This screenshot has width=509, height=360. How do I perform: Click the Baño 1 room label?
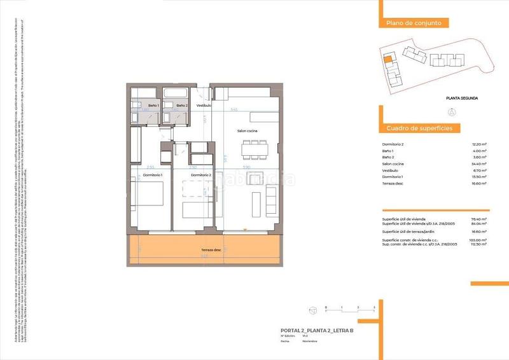153,105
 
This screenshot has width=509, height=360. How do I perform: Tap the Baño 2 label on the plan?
182,105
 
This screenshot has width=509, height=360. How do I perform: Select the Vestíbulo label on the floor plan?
204,105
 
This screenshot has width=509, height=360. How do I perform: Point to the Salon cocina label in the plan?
248,131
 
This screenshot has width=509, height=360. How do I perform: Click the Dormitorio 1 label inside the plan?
153,175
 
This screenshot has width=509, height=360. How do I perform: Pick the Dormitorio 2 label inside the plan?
201,175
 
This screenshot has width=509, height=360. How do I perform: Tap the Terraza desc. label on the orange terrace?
208,250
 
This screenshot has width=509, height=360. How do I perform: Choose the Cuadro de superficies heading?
419,128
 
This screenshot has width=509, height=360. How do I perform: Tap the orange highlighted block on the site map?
387,61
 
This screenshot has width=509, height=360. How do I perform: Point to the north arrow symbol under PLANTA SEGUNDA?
451,112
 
